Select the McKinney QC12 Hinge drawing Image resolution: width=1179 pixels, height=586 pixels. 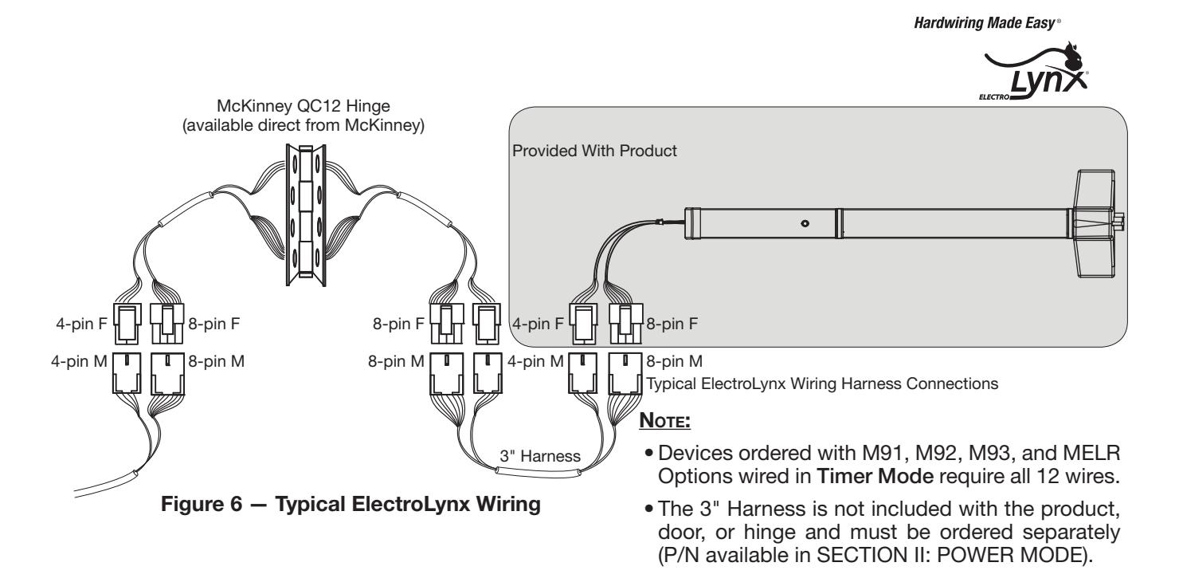[x=306, y=215]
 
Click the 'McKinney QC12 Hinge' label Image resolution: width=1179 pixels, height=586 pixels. [x=304, y=106]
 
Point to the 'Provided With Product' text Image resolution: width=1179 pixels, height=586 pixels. [x=594, y=151]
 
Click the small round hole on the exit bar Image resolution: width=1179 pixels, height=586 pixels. [x=805, y=223]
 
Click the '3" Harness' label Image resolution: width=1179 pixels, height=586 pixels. [x=540, y=456]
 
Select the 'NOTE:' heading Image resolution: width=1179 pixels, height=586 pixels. [x=664, y=420]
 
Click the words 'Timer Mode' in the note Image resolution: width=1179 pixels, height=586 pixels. [x=875, y=477]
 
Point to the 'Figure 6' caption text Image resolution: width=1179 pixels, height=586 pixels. [x=201, y=504]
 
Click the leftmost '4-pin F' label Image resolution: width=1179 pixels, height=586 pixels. [x=81, y=324]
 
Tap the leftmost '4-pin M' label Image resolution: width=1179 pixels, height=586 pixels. [x=79, y=361]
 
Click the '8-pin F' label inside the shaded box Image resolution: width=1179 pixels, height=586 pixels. [x=672, y=324]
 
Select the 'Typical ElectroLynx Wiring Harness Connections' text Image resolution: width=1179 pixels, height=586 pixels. [x=822, y=383]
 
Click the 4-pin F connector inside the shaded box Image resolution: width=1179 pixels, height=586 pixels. [x=583, y=324]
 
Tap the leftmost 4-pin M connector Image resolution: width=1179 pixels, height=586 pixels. [x=127, y=373]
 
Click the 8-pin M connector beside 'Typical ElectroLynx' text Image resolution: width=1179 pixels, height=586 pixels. [x=625, y=373]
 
